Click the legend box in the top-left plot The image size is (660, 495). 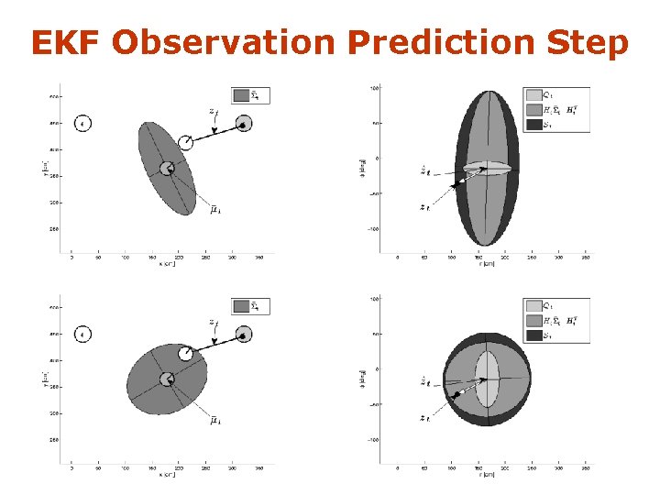coord(250,95)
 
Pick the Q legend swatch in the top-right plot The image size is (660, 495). coord(534,94)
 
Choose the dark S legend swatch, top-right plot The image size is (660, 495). coord(534,126)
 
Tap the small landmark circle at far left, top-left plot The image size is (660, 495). coord(82,124)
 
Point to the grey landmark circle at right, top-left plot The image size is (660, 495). coord(244,124)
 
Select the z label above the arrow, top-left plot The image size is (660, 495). coord(213,112)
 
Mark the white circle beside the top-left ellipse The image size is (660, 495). coord(186,141)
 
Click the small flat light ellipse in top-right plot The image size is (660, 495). coord(486,168)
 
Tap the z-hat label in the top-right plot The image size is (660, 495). coord(423,170)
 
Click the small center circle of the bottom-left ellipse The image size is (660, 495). coord(167,379)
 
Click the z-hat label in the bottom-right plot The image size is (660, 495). coord(423,380)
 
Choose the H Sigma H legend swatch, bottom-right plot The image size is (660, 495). coord(534,321)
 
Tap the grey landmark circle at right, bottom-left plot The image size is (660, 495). coord(244,335)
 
